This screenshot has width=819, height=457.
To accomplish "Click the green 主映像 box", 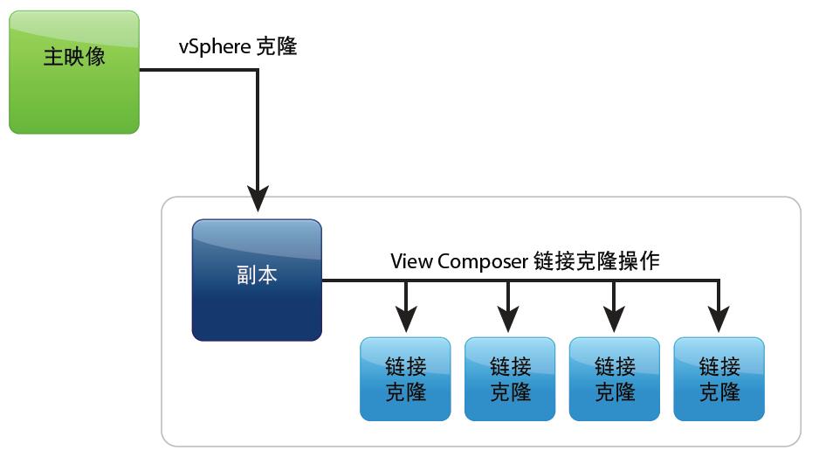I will coord(74,72).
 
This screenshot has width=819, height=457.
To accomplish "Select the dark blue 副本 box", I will coord(257,280).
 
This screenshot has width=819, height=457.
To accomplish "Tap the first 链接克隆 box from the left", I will coord(405,378).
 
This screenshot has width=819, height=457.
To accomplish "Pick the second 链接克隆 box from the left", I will coord(510,378).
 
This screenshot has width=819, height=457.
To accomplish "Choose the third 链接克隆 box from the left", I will coord(615,378).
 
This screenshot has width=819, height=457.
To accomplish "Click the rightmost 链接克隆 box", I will coord(719,378).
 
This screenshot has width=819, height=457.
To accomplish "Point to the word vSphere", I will coord(214,47).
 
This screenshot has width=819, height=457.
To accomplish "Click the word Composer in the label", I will coord(482,261).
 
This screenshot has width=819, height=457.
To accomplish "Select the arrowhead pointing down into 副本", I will coord(258,198).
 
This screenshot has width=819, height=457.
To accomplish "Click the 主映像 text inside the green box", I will coord(74,57).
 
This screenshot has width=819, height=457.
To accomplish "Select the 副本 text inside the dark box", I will coord(257,275).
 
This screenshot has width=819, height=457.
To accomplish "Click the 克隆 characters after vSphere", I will coord(276,46).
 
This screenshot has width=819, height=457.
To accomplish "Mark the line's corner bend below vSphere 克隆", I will coord(258,70).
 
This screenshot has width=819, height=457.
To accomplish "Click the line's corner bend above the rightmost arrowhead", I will coord(719,280).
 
